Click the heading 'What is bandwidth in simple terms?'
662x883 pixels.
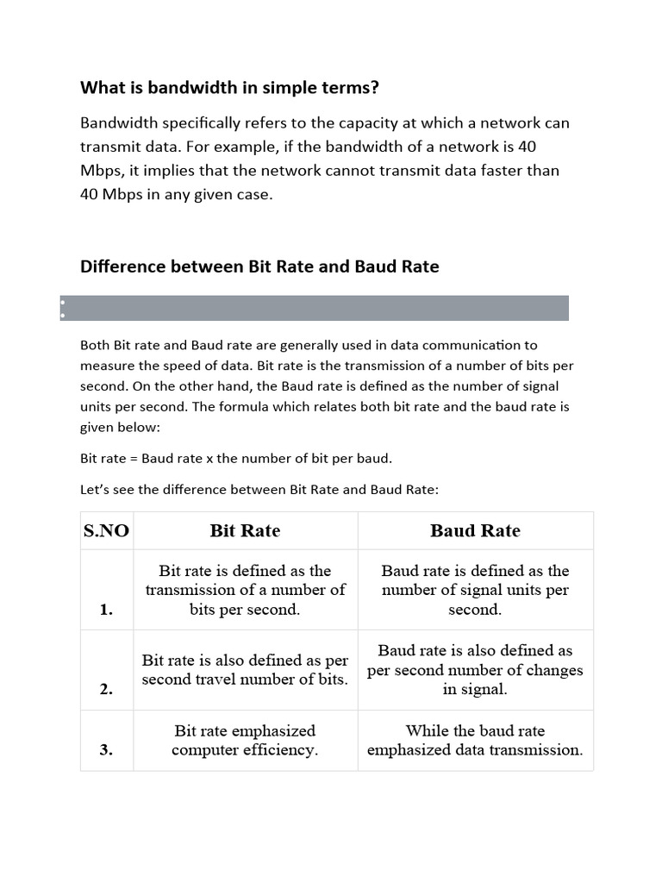229,87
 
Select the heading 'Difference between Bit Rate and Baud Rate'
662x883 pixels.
259,266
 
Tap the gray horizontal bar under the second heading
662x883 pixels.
315,308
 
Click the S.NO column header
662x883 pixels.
107,530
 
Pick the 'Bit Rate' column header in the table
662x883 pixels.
245,530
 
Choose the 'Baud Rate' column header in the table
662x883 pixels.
475,530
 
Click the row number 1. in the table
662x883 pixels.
107,610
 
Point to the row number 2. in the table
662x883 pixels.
107,689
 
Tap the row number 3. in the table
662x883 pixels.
107,749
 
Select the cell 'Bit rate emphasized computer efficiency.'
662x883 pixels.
245,740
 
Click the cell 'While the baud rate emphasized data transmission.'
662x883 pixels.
475,740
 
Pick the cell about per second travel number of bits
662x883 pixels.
245,670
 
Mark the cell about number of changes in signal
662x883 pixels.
475,670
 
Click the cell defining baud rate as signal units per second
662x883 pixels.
475,590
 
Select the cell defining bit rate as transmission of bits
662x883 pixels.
245,590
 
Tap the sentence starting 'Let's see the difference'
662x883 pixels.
259,490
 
